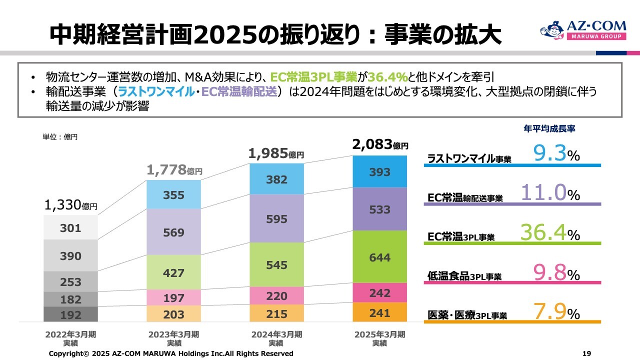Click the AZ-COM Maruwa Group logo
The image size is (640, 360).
(582, 30)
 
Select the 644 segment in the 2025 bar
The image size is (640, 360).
(380, 257)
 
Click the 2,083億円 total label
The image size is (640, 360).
(380, 145)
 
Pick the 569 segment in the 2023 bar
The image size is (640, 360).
(173, 232)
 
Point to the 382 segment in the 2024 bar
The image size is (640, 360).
(276, 180)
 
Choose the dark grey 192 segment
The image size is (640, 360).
(70, 314)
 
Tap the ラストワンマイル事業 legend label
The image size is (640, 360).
(469, 159)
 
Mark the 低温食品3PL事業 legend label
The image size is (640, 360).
(464, 276)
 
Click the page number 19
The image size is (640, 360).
(587, 353)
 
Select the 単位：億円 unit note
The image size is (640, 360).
(60, 136)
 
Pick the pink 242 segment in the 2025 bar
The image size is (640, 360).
(380, 293)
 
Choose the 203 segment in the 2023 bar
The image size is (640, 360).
(173, 314)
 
